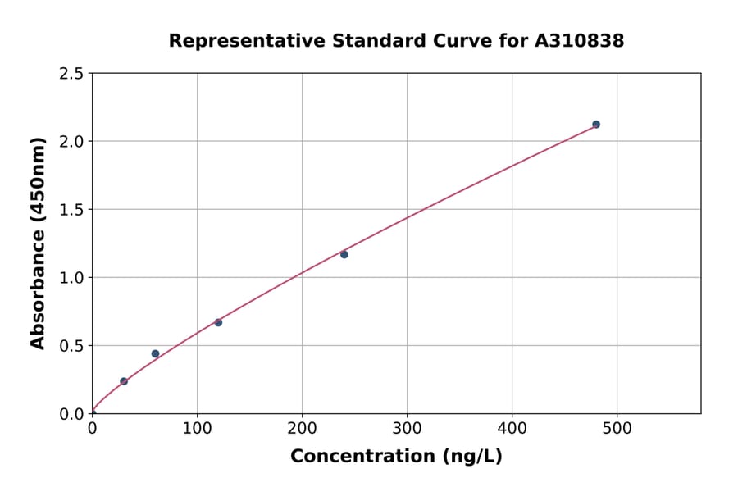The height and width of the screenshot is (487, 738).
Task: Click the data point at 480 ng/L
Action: [596, 125]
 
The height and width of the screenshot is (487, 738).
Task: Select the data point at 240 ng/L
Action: [344, 254]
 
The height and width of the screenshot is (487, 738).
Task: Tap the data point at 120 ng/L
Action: [218, 322]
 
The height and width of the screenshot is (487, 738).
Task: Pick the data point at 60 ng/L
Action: [155, 354]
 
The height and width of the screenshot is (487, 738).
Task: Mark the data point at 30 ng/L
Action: [124, 381]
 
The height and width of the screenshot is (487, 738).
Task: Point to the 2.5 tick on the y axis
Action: [71, 74]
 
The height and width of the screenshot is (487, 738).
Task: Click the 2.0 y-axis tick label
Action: [71, 142]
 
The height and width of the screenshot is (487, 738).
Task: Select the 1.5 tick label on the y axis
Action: [71, 210]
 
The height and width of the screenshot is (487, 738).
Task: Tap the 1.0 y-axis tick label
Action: [71, 278]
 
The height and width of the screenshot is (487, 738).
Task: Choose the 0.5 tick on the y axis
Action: [71, 346]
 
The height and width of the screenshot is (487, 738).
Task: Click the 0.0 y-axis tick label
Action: [71, 414]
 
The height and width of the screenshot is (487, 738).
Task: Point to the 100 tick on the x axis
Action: [197, 428]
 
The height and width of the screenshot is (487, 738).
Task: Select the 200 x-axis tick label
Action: [302, 428]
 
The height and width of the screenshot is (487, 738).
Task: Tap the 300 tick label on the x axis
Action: [407, 428]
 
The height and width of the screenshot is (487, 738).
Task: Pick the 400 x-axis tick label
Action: [512, 428]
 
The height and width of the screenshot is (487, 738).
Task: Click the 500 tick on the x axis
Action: [617, 428]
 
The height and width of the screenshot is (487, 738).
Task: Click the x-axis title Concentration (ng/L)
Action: [396, 457]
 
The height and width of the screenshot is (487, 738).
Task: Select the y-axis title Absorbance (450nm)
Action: [38, 243]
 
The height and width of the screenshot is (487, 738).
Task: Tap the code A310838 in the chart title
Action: [578, 41]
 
